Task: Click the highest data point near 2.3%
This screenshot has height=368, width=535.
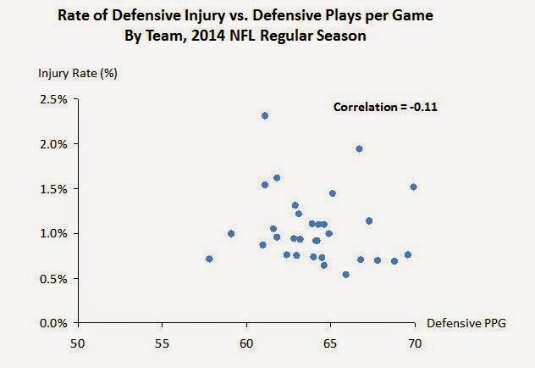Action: pos(265,115)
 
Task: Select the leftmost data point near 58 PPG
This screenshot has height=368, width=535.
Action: pos(209,259)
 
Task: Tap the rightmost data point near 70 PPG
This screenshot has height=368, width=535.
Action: pos(413,187)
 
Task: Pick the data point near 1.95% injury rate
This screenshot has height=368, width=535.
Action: pos(359,148)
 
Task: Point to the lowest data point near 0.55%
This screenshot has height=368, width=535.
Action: pos(345,274)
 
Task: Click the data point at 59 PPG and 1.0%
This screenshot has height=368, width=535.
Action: pos(231,233)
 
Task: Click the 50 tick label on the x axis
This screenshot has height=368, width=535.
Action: pos(78,343)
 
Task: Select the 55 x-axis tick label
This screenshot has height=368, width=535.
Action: pos(162,343)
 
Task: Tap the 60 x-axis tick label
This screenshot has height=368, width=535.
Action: pos(246,343)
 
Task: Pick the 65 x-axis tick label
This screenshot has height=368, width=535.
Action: pos(330,343)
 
